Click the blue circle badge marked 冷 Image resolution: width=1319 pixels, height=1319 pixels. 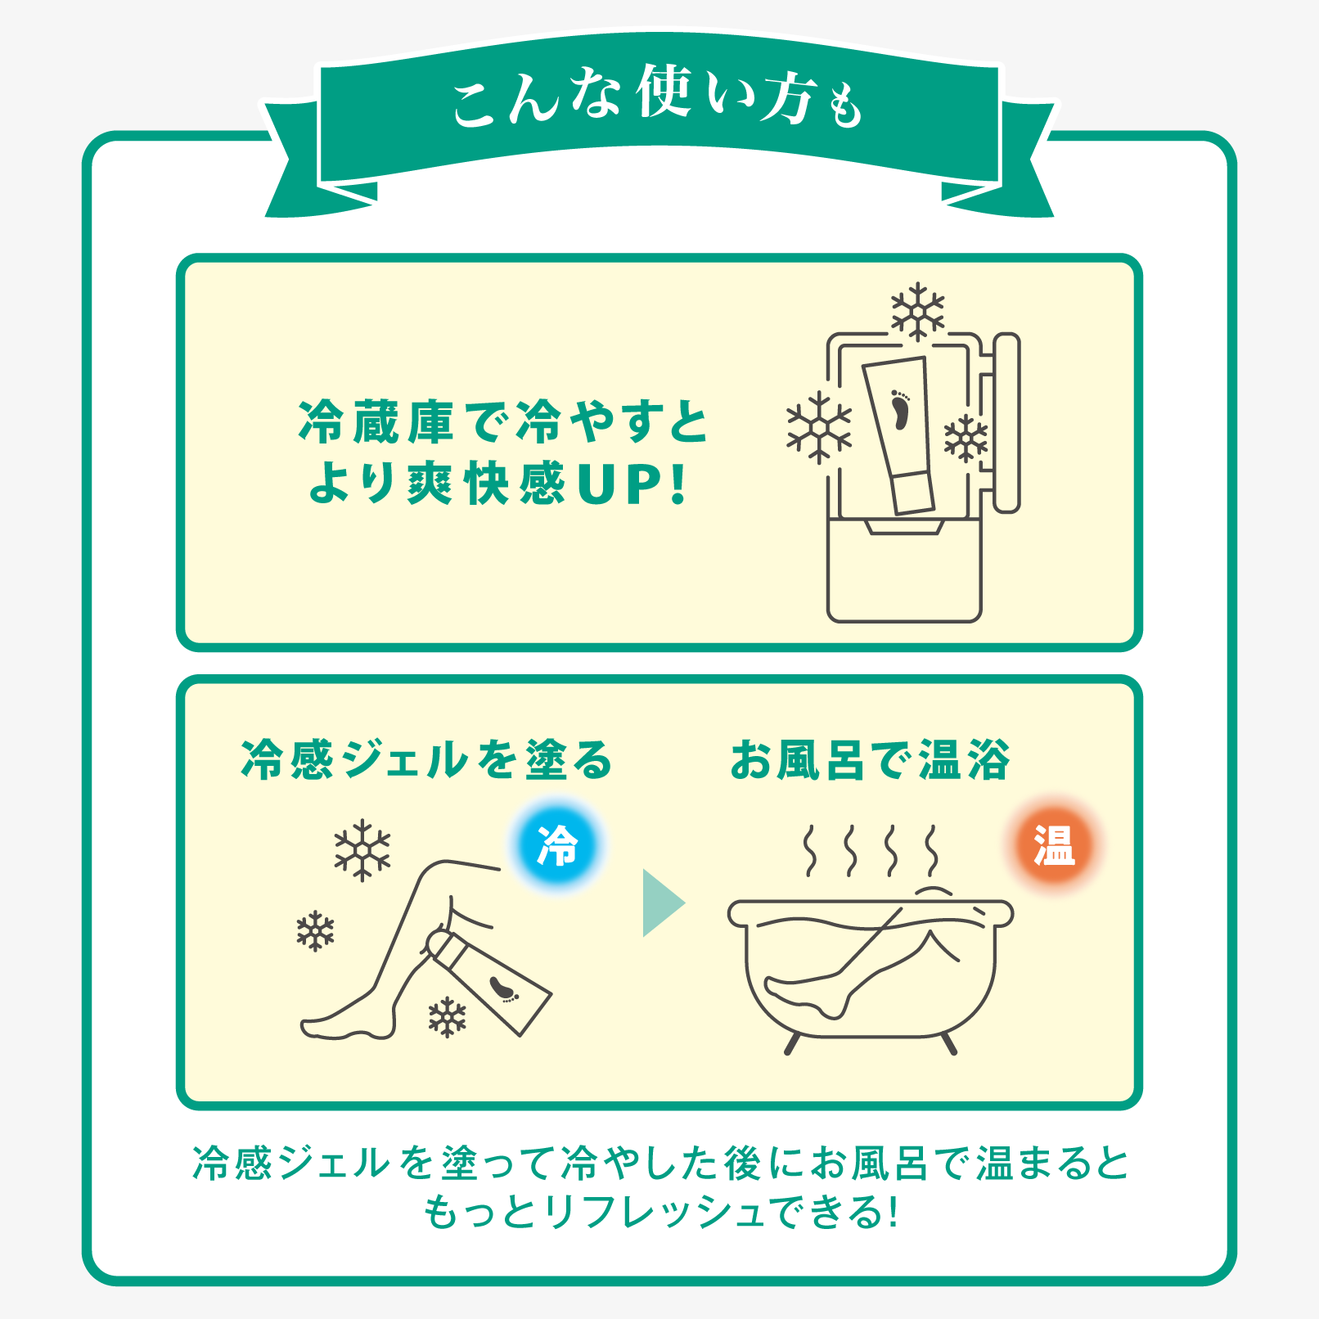click(x=557, y=845)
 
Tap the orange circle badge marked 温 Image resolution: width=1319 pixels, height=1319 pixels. click(x=1054, y=845)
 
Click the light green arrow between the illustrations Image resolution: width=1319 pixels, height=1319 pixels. click(x=661, y=903)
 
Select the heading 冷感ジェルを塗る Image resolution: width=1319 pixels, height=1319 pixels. click(x=426, y=760)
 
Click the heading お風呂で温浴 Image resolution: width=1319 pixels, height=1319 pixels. click(x=870, y=760)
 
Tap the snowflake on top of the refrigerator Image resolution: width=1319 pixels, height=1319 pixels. click(x=917, y=312)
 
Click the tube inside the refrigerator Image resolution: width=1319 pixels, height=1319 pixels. click(x=900, y=434)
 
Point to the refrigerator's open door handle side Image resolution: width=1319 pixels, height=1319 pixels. click(x=1006, y=422)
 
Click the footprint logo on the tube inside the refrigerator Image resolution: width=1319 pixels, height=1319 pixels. click(x=900, y=409)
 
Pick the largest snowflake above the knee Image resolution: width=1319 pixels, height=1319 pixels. click(x=362, y=850)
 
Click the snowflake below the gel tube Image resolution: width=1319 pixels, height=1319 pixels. click(x=447, y=1017)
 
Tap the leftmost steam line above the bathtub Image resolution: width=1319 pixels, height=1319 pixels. click(x=809, y=850)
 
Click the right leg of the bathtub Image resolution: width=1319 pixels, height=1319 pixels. click(x=948, y=1043)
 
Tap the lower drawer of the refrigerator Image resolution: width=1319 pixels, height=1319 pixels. click(x=903, y=573)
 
